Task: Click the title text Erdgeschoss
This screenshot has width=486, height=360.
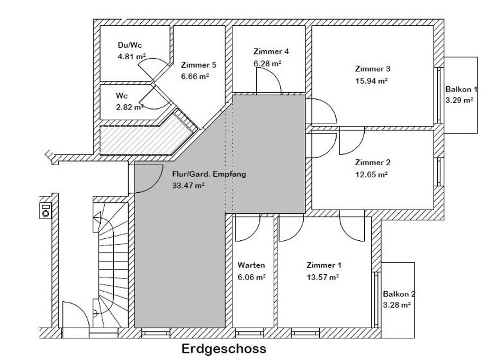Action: pos(223,349)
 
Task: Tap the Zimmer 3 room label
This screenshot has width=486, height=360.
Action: pos(373,69)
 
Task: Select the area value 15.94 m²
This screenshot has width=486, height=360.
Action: pos(372,81)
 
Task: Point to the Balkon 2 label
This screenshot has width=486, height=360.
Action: pos(399,294)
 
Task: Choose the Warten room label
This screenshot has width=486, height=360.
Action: pos(251,265)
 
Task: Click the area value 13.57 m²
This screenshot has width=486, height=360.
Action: pos(322,277)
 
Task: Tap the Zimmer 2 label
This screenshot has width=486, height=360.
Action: pos(373,163)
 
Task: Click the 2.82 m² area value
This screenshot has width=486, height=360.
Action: pos(130,107)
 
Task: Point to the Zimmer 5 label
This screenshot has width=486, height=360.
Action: pos(199,65)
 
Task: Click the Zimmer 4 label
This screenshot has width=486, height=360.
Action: pos(271,51)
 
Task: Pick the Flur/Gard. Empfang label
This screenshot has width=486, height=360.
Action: pos(209,174)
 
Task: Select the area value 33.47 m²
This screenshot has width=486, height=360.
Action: pos(188,185)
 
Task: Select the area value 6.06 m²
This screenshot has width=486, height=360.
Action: pos(251,277)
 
